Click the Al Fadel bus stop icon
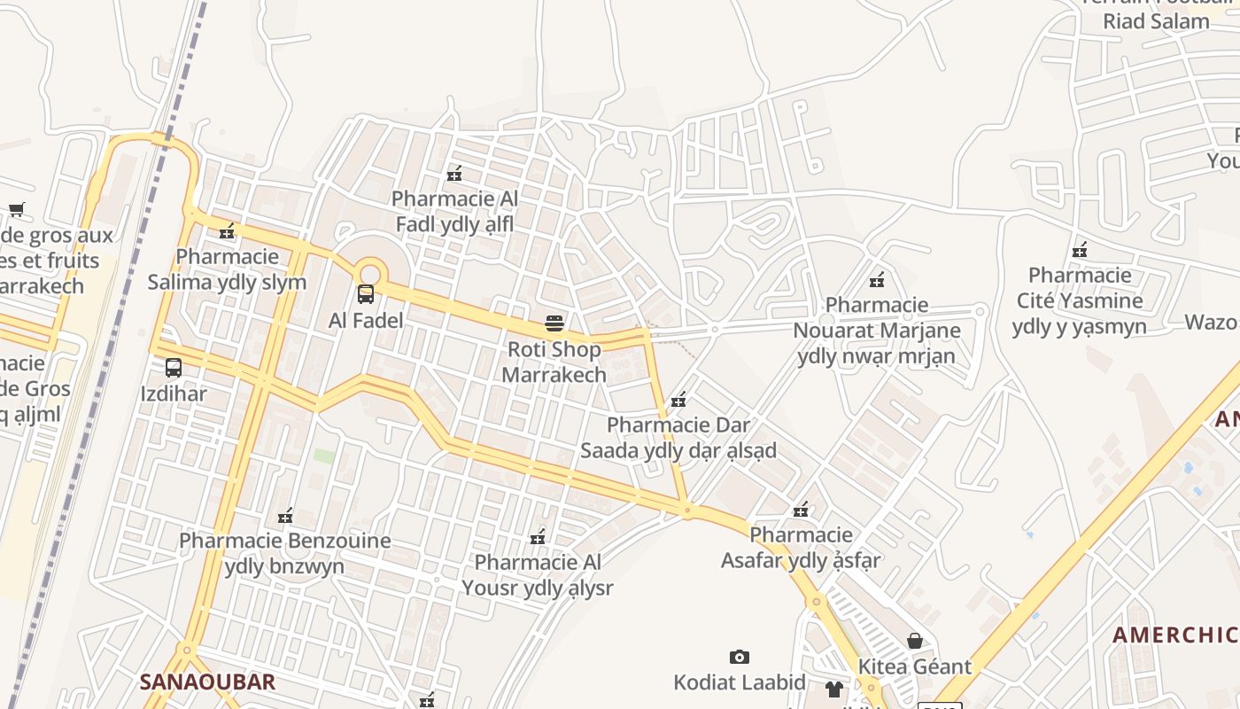[x=366, y=294]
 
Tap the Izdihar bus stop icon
[x=174, y=367]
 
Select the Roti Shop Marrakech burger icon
[x=554, y=323]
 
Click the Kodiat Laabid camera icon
[x=740, y=657]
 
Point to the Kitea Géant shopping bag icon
[x=915, y=640]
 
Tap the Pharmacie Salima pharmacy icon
[x=227, y=231]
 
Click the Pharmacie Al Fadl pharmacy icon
[x=454, y=174]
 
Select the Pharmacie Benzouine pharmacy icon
[x=284, y=515]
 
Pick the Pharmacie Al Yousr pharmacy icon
[x=537, y=536]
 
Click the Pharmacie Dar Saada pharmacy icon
[x=678, y=400]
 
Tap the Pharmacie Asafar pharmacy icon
[x=801, y=510]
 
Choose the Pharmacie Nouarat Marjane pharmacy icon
[x=876, y=280]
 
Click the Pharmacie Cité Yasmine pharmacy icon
[x=1079, y=250]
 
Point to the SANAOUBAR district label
[x=207, y=682]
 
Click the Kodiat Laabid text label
[x=740, y=682]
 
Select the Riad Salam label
[x=1156, y=21]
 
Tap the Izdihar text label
[x=174, y=393]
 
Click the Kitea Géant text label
[x=915, y=666]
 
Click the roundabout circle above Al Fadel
[x=369, y=273]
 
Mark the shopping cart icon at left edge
[x=16, y=210]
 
